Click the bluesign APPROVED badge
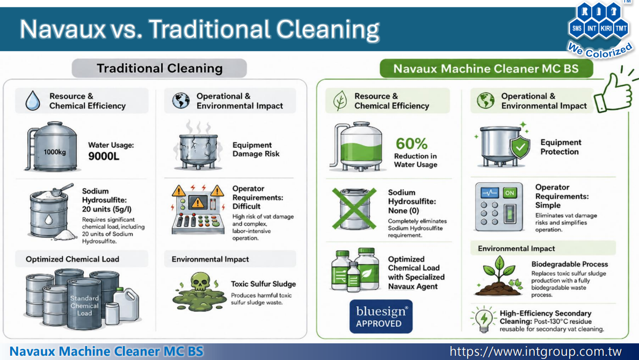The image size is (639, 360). pos(381,317)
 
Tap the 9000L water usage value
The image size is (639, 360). pos(104,156)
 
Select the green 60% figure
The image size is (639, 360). pos(411,143)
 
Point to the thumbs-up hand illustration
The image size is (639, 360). pos(614,90)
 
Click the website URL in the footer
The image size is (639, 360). pos(535,351)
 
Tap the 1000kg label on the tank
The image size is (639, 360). pos(55,152)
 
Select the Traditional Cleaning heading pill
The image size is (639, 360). pos(159,68)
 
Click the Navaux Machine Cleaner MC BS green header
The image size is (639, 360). pos(486,68)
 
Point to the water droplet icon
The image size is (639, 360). pos(33,100)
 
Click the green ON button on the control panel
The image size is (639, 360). pos(510,193)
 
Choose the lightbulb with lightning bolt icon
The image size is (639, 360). pos(484,319)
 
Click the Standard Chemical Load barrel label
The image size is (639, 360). pos(84,306)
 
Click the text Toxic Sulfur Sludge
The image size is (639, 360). pos(263,284)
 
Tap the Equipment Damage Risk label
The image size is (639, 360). pos(256,149)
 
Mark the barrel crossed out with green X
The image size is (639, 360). pos(354,208)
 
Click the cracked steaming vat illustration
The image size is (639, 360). pos(199,146)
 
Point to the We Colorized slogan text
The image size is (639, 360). pos(600,50)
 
